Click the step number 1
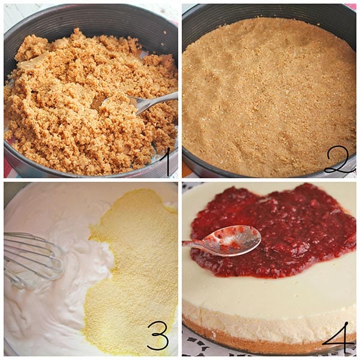(x=167, y=162)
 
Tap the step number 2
(x=340, y=161)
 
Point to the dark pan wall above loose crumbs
(x=92, y=20)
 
